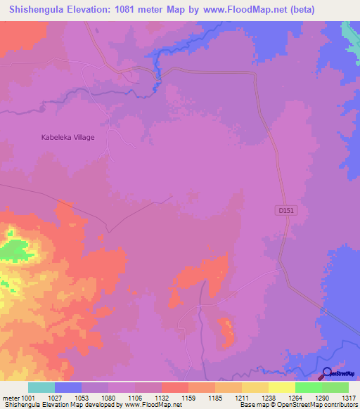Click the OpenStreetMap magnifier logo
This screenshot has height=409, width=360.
326,373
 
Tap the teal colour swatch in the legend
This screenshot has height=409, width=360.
41,387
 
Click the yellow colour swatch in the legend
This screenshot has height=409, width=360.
281,387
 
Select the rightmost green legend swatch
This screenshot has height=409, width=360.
335,387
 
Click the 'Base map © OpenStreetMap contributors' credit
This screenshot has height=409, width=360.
298,405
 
